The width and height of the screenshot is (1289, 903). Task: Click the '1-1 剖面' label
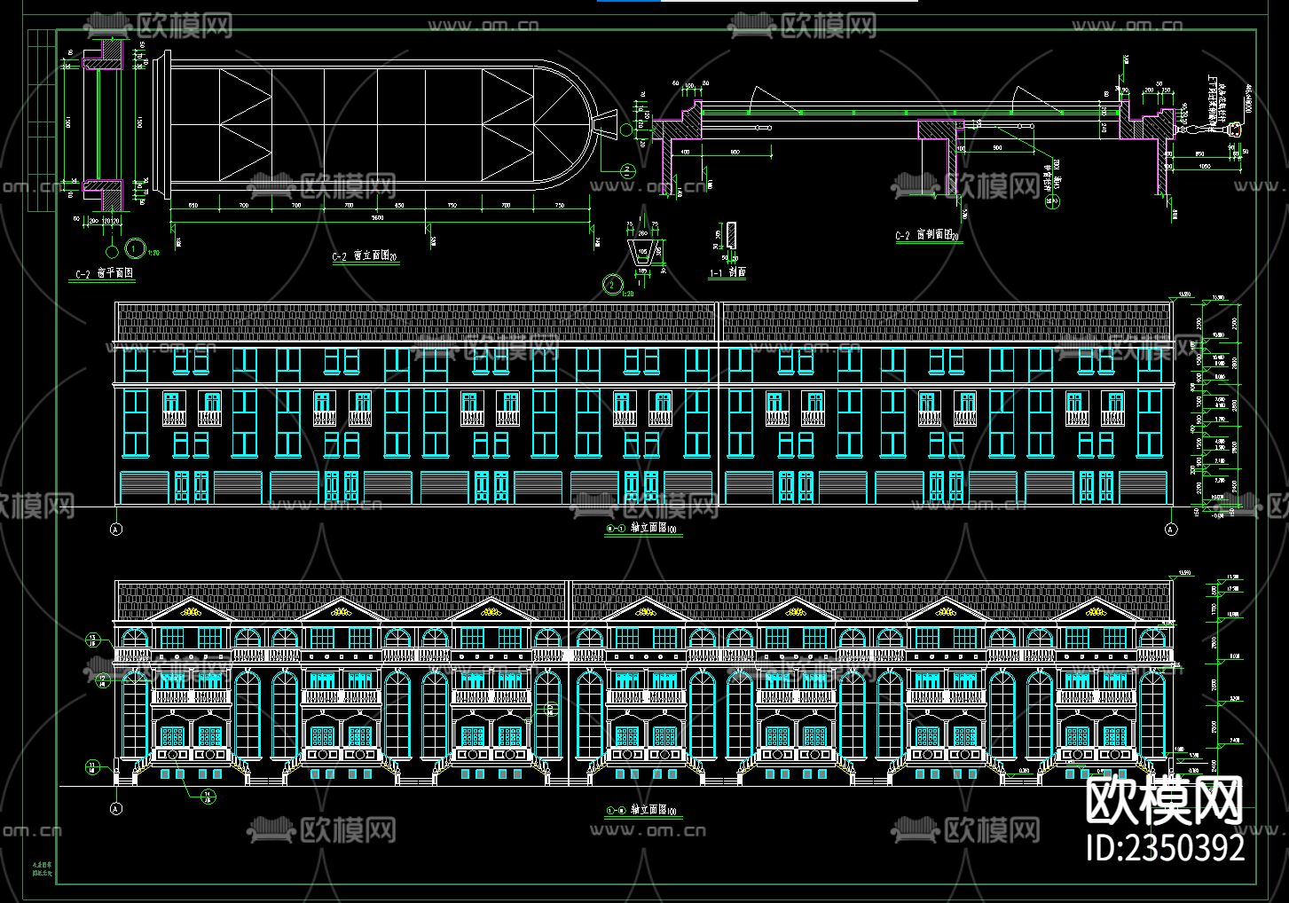[727, 273]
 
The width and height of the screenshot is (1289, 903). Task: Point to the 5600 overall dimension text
[378, 216]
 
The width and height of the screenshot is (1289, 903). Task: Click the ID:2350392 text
[1166, 847]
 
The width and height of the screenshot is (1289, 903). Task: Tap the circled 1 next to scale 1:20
[135, 249]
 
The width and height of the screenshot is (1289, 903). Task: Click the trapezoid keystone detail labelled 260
[644, 252]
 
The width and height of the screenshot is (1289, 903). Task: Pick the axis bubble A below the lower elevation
[115, 808]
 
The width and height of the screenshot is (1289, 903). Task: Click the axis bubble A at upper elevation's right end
[1170, 530]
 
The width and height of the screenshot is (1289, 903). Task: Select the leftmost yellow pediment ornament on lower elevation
[190, 610]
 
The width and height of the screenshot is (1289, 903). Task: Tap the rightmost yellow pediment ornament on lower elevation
[1096, 610]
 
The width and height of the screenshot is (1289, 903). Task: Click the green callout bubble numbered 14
[207, 795]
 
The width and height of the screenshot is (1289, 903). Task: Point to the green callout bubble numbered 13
[92, 638]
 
